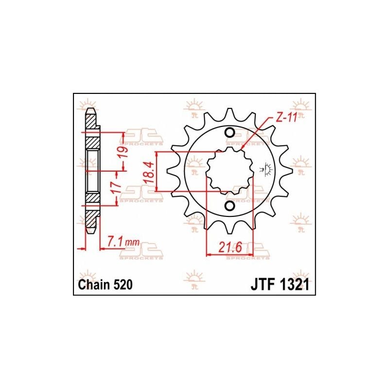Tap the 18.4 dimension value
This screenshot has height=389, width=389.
(x=150, y=172)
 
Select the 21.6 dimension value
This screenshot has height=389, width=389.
(x=230, y=247)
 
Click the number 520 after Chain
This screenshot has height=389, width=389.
(x=123, y=284)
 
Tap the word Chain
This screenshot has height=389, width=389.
(x=94, y=284)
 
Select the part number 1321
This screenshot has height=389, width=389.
(x=294, y=284)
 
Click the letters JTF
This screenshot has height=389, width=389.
(x=263, y=284)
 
